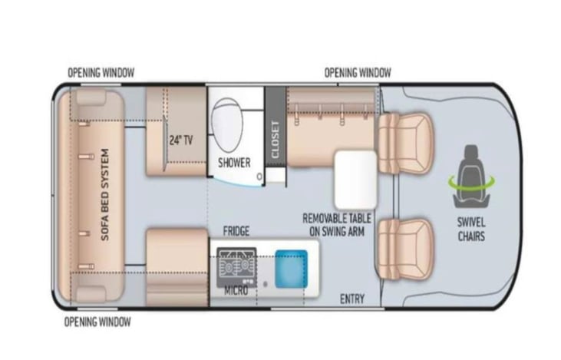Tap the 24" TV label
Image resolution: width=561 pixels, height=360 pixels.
tap(180, 140)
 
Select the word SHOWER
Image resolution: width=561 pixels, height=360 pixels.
tap(234, 163)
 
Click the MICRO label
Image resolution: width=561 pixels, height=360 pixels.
tap(236, 292)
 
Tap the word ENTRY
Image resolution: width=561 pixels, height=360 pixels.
tap(352, 298)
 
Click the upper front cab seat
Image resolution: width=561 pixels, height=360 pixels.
tap(407, 142)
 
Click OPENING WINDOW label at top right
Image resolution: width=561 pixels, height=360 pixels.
tap(358, 73)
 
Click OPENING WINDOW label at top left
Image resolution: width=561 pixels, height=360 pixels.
tap(101, 73)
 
